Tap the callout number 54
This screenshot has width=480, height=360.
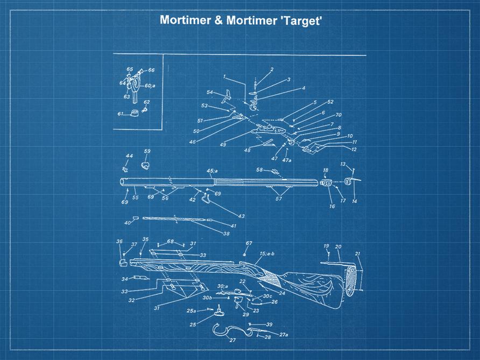(210, 93)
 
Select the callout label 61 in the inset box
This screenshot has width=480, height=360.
(121, 114)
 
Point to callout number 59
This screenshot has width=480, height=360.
(147, 151)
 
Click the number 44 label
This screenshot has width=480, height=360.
(129, 156)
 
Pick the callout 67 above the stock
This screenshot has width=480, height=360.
(249, 244)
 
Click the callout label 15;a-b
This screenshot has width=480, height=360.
(267, 253)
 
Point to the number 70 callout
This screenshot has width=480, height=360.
(338, 115)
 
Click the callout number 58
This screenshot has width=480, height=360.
(259, 170)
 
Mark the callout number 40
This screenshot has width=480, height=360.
(127, 223)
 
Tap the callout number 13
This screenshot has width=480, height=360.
(343, 164)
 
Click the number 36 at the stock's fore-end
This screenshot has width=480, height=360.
(119, 242)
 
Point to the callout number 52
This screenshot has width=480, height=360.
(330, 102)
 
